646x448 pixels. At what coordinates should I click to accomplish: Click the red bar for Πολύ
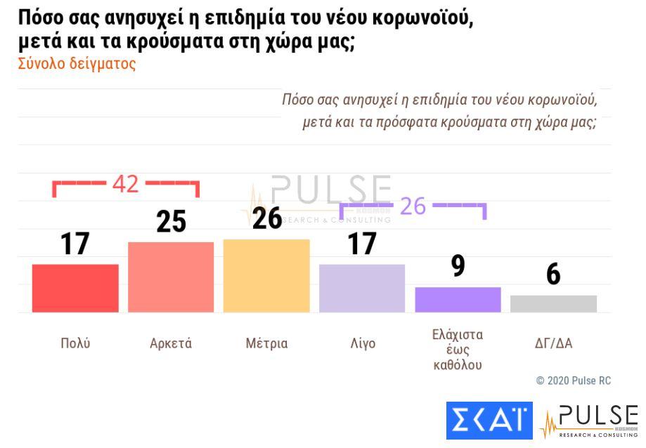pos(75,288)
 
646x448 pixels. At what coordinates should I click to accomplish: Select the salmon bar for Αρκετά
pos(171,277)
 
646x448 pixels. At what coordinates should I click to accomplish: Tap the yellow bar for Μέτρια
pos(266,275)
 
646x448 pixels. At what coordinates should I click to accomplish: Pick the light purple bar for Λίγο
pos(362,288)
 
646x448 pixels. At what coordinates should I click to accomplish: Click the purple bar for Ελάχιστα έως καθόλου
pos(458,299)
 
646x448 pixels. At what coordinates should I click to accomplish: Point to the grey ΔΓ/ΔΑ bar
pos(553,303)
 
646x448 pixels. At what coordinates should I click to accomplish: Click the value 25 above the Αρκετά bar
pos(171,221)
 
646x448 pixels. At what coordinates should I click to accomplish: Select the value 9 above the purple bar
pos(458,266)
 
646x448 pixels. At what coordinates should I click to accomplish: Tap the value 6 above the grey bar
pos(553,275)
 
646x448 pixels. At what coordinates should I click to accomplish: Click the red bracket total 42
pos(126,185)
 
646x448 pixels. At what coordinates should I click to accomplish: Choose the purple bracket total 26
pos(413,206)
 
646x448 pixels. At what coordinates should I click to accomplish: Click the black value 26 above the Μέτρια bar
pos(267,218)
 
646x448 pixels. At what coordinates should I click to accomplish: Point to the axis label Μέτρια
pos(266,343)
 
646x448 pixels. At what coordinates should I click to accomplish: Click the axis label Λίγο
pos(363,343)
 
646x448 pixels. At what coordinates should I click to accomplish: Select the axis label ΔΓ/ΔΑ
pos(553,343)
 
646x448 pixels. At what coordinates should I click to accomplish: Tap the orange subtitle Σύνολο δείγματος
pos(77,64)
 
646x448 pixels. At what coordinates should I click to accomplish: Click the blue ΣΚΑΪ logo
pos(489,420)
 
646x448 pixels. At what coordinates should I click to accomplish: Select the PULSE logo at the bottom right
pos(589,420)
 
